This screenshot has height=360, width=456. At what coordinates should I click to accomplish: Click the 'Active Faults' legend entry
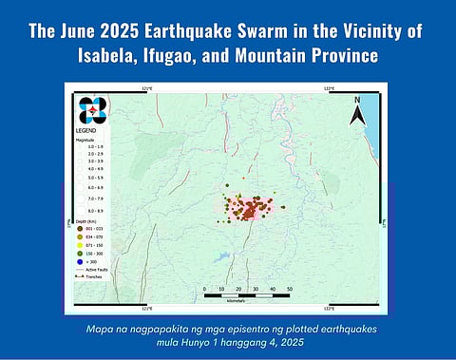90,270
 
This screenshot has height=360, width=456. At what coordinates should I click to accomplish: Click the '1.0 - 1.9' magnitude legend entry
90,146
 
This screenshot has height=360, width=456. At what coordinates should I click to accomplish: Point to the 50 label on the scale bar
289,287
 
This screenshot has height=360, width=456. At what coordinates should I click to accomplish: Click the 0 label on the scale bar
204,287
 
